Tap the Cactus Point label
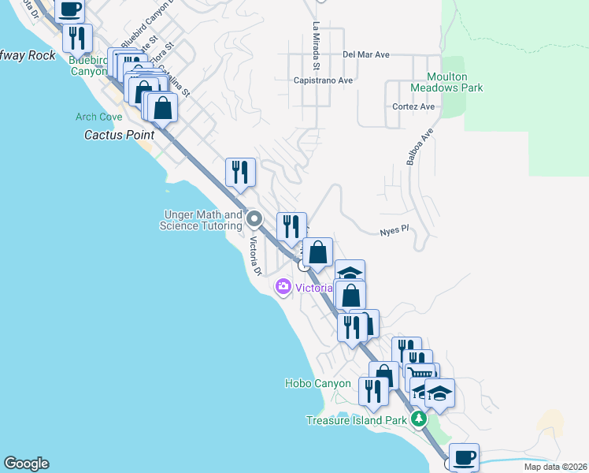119,135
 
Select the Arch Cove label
99,117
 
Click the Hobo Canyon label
317,383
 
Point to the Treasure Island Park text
357,420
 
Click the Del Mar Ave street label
367,55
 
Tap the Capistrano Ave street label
322,80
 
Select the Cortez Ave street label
413,106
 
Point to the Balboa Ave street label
420,147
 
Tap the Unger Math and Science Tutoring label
201,220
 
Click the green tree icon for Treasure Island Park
419,418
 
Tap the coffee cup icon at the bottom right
463,456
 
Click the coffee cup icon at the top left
69,9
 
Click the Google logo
26,464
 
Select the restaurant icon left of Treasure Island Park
373,390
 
